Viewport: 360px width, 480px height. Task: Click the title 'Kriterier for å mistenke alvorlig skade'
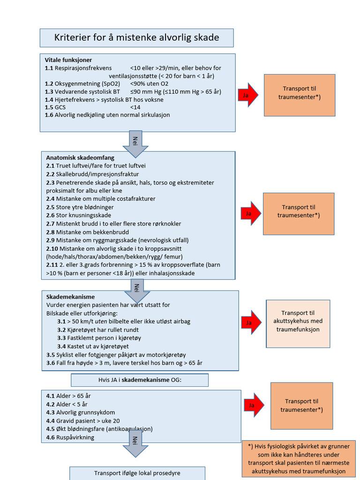(x=136, y=37)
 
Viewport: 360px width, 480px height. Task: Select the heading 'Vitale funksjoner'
(x=68, y=60)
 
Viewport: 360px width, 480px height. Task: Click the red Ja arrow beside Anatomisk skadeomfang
(x=249, y=214)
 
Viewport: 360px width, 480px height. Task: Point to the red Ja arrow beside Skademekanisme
(x=251, y=322)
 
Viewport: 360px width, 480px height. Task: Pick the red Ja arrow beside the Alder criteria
(x=253, y=405)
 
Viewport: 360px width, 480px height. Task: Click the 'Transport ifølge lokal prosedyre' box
(x=137, y=473)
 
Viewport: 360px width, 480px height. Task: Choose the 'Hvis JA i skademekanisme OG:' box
(x=140, y=380)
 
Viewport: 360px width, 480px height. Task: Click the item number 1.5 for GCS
(x=49, y=107)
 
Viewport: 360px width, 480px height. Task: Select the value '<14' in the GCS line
(x=135, y=107)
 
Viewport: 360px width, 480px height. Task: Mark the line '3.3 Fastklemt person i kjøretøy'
(x=99, y=337)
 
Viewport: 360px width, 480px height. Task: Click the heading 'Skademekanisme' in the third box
(x=70, y=297)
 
